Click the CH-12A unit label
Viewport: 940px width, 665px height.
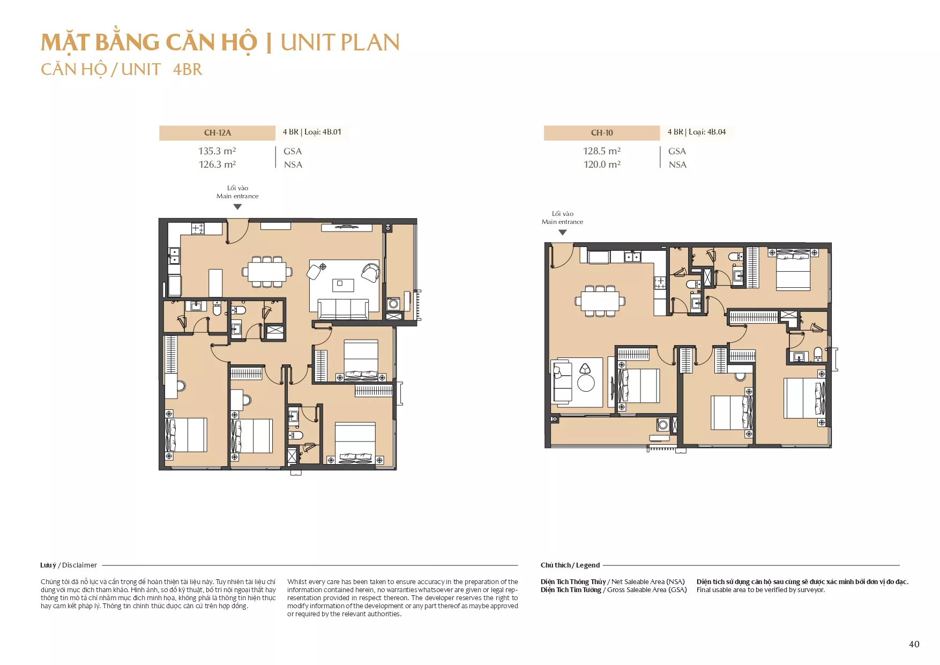(x=217, y=132)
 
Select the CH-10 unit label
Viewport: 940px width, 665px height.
(x=602, y=132)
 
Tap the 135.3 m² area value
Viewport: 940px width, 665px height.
(x=217, y=151)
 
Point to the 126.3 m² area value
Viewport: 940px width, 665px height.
(x=217, y=165)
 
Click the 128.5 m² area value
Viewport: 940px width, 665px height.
(x=602, y=151)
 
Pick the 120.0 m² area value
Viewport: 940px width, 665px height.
(x=602, y=165)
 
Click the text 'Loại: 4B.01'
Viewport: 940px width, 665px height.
(x=323, y=132)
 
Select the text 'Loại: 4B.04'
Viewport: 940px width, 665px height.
(x=707, y=132)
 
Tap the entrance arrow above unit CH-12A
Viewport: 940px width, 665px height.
(x=237, y=207)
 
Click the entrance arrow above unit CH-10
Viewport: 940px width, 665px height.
(x=562, y=233)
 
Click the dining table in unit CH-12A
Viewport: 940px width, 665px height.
(x=267, y=272)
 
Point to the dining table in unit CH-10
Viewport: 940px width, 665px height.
(x=600, y=301)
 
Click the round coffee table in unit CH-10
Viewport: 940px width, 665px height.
(x=586, y=383)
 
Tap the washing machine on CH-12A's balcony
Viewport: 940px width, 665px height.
(x=393, y=304)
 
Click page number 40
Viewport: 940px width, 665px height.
(x=914, y=644)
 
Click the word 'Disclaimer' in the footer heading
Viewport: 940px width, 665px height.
(x=79, y=565)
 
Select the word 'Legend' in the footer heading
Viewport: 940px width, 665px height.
(x=588, y=565)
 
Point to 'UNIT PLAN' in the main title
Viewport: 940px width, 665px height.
(x=340, y=43)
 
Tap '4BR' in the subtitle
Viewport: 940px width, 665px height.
(x=188, y=70)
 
